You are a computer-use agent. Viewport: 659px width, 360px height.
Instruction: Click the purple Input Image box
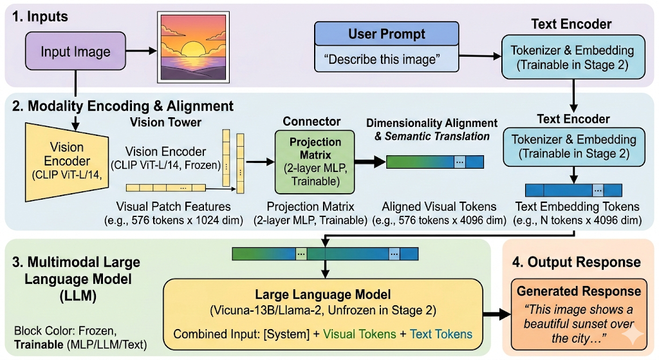pyautogui.click(x=76, y=52)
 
